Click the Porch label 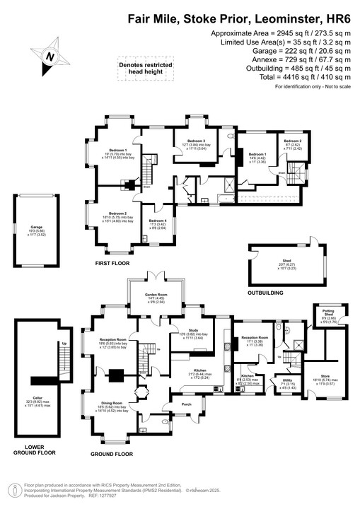(187, 404)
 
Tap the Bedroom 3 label (194, 141)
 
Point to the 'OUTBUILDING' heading (265, 293)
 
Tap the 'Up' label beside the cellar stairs (45, 343)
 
